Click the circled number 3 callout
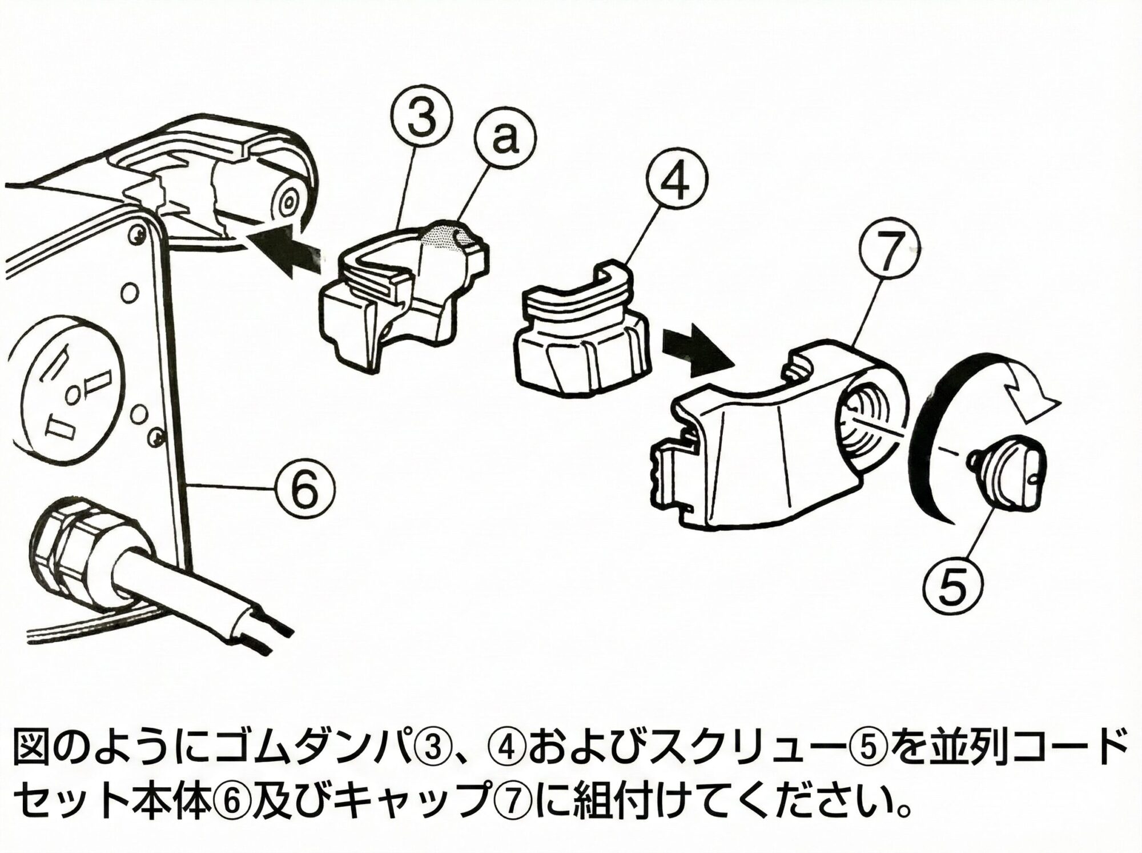tap(421, 123)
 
